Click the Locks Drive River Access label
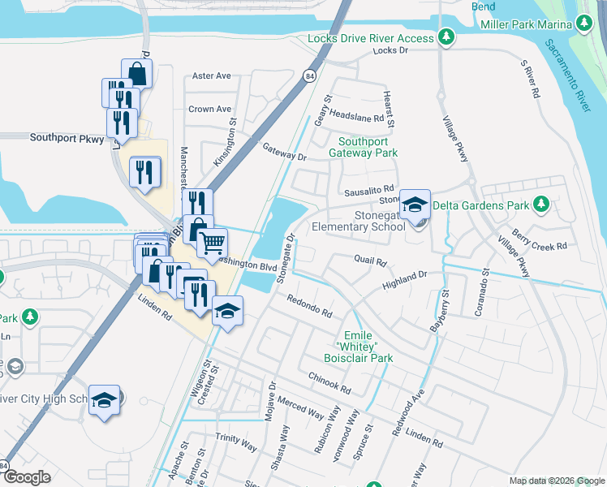371,38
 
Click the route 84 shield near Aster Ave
311,75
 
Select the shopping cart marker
212,242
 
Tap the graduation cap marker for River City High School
104,400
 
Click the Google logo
27,477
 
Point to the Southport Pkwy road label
67,138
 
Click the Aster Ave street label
212,76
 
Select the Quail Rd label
370,261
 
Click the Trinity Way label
236,442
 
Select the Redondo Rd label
310,307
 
